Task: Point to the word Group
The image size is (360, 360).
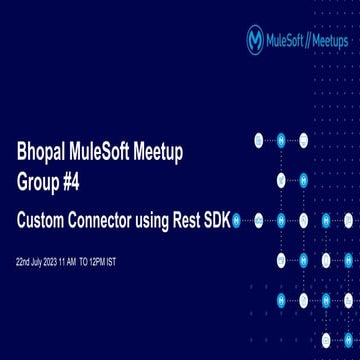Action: pos(42,183)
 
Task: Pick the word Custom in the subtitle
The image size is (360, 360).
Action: pos(46,218)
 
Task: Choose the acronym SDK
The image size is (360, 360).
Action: pos(221,218)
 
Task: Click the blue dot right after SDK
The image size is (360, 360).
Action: pos(236,219)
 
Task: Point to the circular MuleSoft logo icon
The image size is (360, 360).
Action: pos(255,40)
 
